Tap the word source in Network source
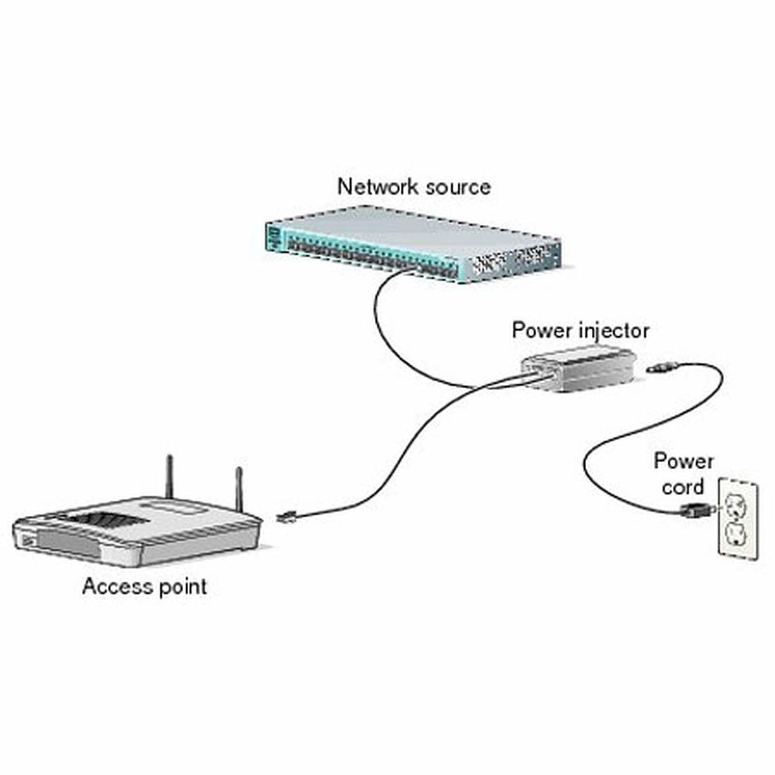pyautogui.click(x=457, y=187)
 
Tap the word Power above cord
pyautogui.click(x=683, y=463)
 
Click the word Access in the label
pyautogui.click(x=112, y=587)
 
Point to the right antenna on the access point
pyautogui.click(x=239, y=488)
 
